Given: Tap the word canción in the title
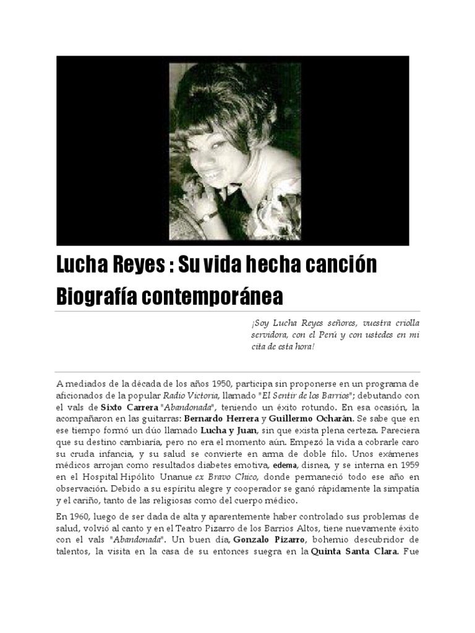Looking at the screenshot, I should pos(339,266).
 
